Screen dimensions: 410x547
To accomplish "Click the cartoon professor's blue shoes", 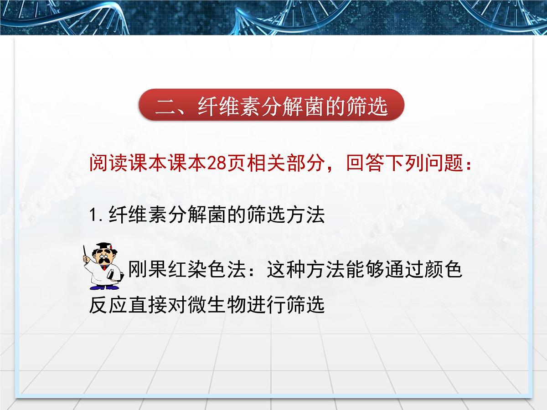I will [103, 287].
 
